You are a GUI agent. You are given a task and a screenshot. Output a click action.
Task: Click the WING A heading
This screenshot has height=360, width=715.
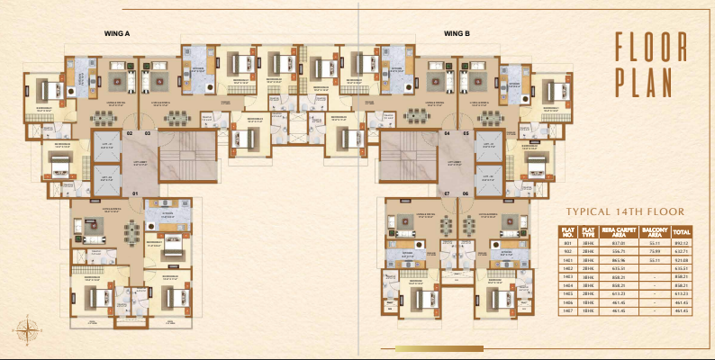coord(119,33)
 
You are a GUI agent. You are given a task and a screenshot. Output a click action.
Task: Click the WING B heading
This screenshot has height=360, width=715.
coord(457,33)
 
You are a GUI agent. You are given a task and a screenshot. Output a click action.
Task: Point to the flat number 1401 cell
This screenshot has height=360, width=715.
coord(567,259)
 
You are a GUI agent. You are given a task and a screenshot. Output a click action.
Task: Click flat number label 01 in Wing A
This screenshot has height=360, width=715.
coord(135,193)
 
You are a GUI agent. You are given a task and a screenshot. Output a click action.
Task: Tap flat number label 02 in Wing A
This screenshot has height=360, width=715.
coord(130,133)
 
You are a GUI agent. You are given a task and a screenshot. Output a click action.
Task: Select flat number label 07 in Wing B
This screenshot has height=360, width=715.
coord(446,193)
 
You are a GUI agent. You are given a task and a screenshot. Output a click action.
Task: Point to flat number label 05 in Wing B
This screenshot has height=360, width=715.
coord(466,133)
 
